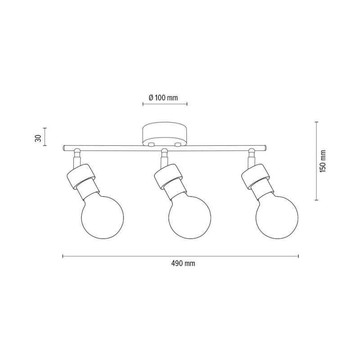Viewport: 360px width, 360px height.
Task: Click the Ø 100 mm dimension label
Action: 163,98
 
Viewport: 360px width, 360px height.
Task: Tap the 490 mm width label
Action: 183,263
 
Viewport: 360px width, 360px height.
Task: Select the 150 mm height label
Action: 323,161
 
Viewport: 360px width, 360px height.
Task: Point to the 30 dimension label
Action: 38,138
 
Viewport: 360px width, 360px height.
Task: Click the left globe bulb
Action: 103,217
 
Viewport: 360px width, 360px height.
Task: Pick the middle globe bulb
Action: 189,217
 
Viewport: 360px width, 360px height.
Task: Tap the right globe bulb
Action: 277,217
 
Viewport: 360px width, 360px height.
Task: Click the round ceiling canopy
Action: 165,135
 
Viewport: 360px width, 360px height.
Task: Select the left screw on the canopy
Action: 151,144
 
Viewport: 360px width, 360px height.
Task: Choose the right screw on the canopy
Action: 177,144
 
